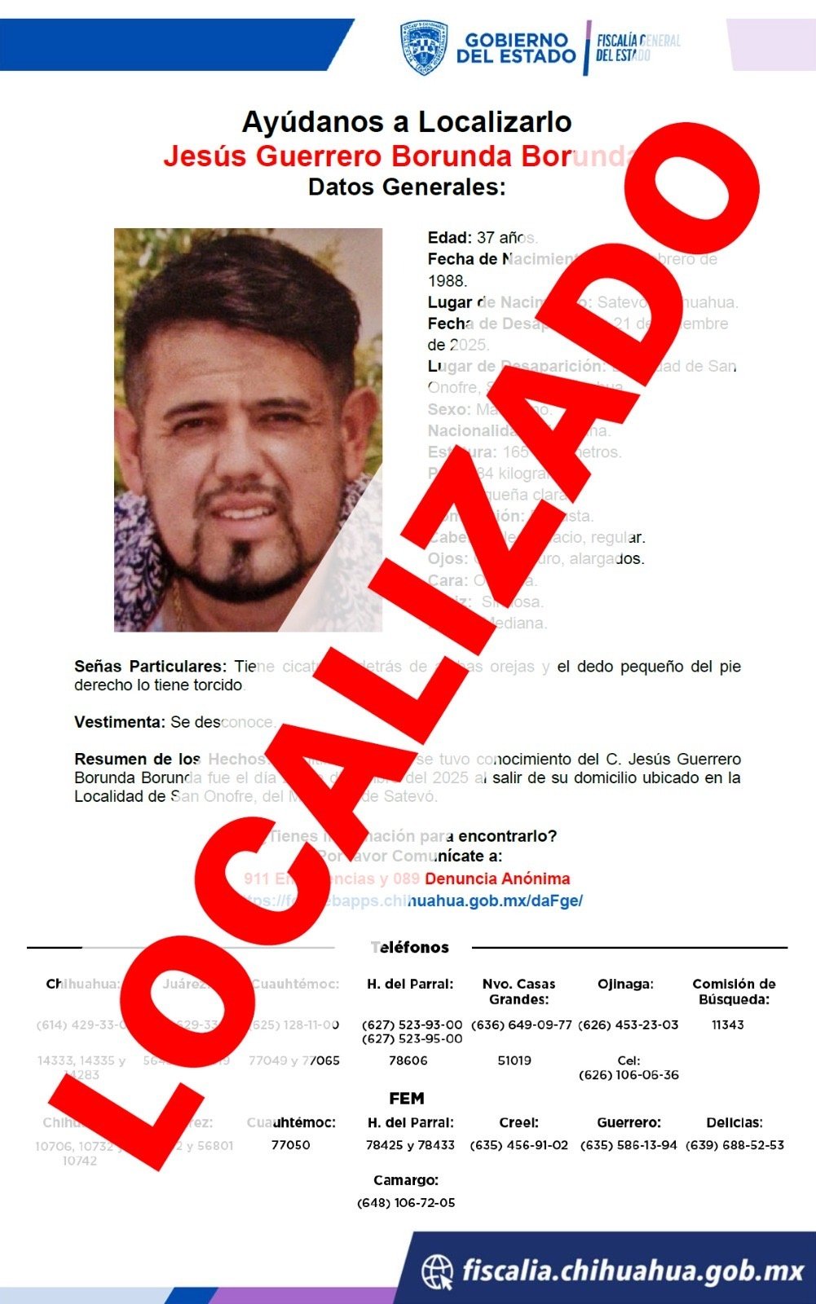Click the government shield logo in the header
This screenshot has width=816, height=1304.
(x=424, y=47)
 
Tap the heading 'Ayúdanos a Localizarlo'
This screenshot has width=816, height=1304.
(x=407, y=122)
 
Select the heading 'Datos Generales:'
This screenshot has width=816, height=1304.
(x=407, y=187)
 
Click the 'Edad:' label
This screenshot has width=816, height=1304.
(x=449, y=238)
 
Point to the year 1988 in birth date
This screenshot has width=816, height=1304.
(x=448, y=281)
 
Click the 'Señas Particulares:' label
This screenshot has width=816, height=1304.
(x=150, y=667)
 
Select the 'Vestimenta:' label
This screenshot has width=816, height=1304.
(x=120, y=722)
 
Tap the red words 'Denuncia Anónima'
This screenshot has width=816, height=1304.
(x=497, y=879)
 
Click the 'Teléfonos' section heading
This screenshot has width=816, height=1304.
(x=410, y=947)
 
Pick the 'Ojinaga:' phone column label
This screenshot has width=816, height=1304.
(x=625, y=984)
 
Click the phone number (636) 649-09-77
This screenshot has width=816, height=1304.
(x=519, y=1024)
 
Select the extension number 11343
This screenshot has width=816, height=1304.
(x=728, y=1024)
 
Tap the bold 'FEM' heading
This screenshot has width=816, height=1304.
(x=407, y=1098)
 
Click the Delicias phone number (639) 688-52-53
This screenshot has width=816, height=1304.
(x=734, y=1145)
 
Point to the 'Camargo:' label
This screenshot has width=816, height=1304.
(x=406, y=1180)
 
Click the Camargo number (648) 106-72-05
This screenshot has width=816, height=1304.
(x=406, y=1203)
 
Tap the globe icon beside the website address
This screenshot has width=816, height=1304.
(x=438, y=1271)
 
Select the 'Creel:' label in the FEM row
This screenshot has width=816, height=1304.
(x=518, y=1123)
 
